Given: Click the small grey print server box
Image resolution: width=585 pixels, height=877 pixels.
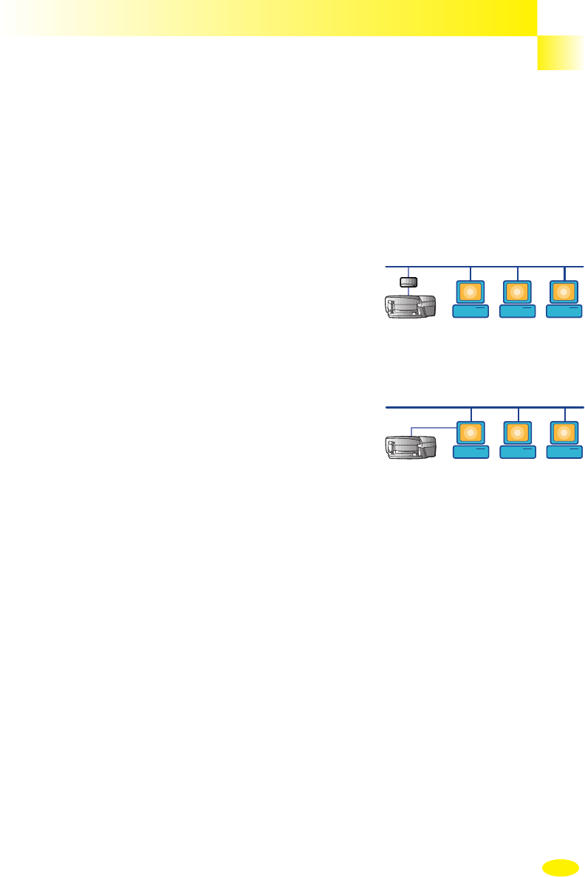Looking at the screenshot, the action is (x=408, y=281).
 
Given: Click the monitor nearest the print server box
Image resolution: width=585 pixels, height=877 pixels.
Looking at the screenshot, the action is (x=471, y=292).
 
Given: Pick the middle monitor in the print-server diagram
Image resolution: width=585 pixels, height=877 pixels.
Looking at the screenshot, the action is (x=518, y=292).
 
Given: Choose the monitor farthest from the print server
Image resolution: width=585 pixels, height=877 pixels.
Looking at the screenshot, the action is (x=564, y=292).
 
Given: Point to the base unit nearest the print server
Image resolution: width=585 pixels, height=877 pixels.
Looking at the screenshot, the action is (x=471, y=313).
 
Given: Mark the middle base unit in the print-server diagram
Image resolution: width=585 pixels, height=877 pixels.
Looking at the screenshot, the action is (x=518, y=313).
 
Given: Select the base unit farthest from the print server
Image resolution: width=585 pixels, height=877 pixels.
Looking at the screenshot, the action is (x=564, y=313).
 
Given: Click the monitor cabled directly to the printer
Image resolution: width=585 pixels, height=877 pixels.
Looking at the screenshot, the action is (x=471, y=433).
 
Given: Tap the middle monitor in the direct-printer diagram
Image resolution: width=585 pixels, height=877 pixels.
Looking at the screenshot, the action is (x=518, y=433).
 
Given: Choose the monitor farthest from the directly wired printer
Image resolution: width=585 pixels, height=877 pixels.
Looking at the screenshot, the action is (x=564, y=433).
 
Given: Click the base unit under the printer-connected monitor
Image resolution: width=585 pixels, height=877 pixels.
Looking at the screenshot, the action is (x=471, y=452).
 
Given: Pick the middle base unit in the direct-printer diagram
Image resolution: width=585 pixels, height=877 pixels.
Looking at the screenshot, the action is (x=518, y=452).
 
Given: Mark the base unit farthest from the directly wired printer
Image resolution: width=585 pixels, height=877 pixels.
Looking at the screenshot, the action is (x=564, y=452).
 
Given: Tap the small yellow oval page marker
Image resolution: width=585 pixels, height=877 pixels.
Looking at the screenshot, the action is (x=560, y=867).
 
